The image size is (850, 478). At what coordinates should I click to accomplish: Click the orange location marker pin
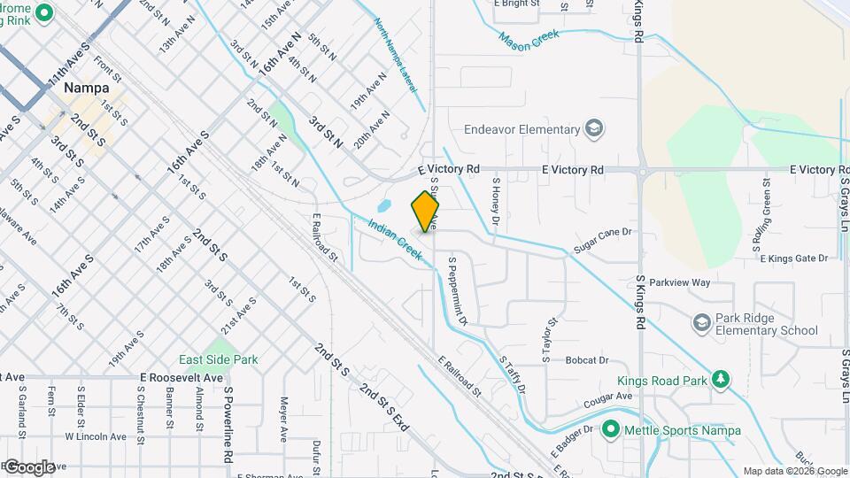(426, 212)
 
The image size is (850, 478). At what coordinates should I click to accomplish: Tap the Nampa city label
(87, 89)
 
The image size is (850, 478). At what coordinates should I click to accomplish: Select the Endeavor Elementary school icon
(594, 130)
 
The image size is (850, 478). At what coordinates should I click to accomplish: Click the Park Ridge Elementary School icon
(703, 320)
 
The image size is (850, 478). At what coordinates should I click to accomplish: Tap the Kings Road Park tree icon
(722, 380)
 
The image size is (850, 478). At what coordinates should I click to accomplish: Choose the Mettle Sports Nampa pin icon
(610, 430)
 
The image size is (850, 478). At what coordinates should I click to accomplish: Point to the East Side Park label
(218, 360)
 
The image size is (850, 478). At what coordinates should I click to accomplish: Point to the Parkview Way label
(680, 282)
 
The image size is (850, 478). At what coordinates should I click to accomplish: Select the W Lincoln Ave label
(95, 436)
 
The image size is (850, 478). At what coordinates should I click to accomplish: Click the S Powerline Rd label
(228, 424)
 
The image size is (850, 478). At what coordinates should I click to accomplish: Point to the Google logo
(29, 466)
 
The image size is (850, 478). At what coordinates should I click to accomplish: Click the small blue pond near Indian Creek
(383, 207)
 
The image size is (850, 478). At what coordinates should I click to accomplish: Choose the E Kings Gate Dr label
(793, 258)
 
